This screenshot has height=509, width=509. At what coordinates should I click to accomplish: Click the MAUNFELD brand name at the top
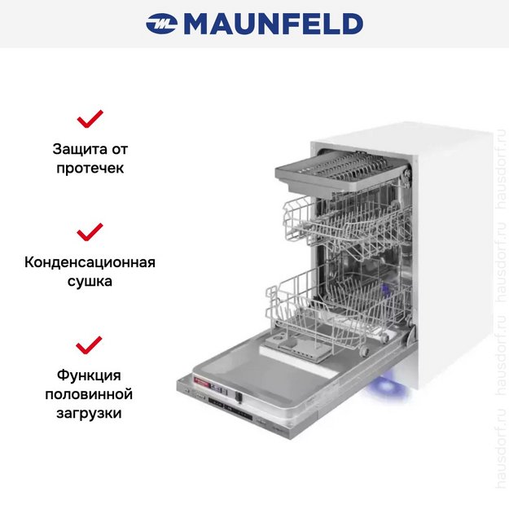click(x=273, y=24)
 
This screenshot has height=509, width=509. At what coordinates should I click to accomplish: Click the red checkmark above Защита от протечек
click(x=90, y=119)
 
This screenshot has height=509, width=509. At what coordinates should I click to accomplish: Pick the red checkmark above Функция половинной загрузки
click(x=90, y=344)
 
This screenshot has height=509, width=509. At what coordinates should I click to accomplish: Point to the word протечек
click(x=90, y=169)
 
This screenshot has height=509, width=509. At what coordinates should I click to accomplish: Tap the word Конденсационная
click(x=90, y=262)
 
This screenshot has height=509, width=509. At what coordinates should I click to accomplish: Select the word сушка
click(x=90, y=282)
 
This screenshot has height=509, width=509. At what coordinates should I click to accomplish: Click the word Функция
click(x=90, y=375)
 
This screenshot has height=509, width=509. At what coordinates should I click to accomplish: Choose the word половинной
click(x=90, y=394)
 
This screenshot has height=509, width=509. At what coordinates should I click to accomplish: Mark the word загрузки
click(x=90, y=414)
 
